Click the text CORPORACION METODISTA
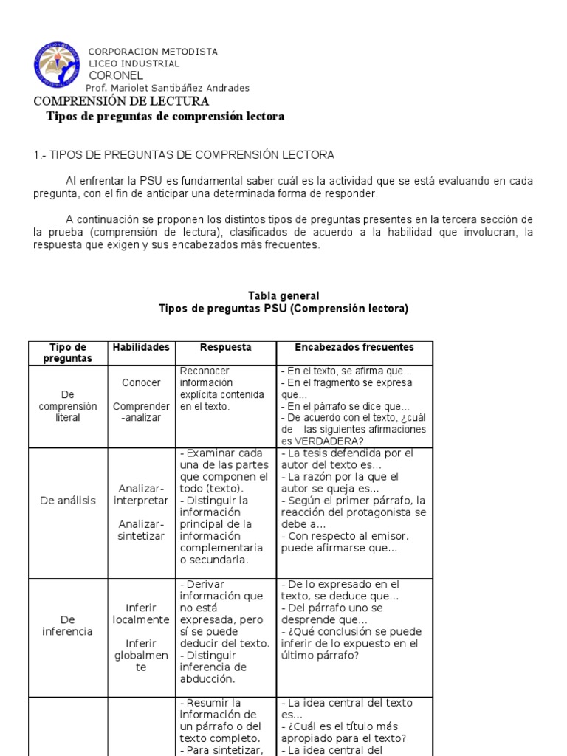coord(153,52)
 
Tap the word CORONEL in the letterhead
coord(116,75)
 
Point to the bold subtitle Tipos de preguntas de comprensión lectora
coord(165,117)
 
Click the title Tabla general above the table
coord(283,296)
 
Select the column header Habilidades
coord(140,347)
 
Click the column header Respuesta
coord(225,347)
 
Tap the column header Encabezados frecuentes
coord(354,347)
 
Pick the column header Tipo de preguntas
coord(68,353)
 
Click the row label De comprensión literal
coord(68,406)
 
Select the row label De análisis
coord(68,501)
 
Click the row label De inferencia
coord(68,626)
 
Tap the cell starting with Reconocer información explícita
coord(221,388)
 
